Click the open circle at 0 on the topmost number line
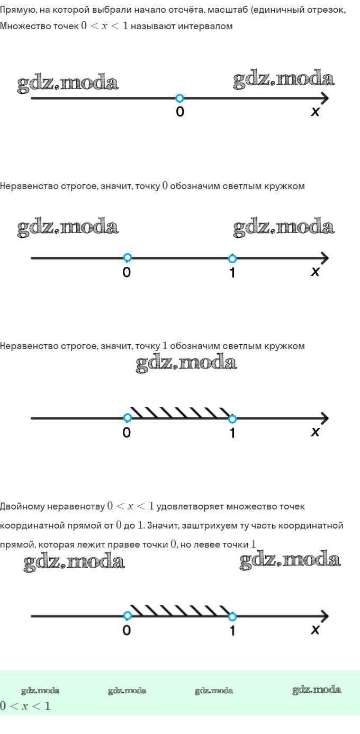[x=179, y=98]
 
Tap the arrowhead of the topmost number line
[x=324, y=99]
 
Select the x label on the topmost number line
[x=316, y=112]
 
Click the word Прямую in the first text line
[x=17, y=10]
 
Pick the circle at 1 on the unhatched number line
[x=232, y=258]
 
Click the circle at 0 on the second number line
[x=127, y=258]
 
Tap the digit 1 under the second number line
[x=232, y=273]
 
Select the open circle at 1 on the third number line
[x=232, y=419]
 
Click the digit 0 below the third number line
[x=127, y=433]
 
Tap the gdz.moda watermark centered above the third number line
[x=186, y=363]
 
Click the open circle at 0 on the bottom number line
[x=127, y=616]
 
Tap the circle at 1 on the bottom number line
[x=232, y=616]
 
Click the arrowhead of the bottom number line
[x=324, y=616]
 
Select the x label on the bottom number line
[x=316, y=630]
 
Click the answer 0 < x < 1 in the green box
[x=25, y=706]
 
